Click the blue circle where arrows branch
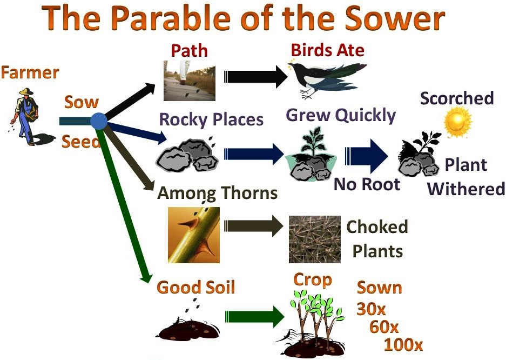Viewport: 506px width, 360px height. point(99,121)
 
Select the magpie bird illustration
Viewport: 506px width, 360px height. point(327,78)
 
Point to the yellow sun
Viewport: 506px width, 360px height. point(457,122)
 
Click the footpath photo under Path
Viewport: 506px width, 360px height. point(190,81)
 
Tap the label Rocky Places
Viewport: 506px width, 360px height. point(211,119)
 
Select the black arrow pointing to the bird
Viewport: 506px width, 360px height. point(255,77)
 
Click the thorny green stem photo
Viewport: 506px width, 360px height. point(194,235)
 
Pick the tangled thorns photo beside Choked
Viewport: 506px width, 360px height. point(315,239)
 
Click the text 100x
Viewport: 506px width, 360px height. point(403,344)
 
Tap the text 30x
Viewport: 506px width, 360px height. point(371,309)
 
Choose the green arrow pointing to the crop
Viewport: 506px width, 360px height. point(254,317)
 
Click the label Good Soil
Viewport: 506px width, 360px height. point(196,287)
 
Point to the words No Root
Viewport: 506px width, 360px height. point(367,184)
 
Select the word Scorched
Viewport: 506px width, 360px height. point(457,98)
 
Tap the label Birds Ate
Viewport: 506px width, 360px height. point(328,50)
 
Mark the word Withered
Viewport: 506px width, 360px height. point(466,188)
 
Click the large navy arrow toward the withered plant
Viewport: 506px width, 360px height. point(366,156)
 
